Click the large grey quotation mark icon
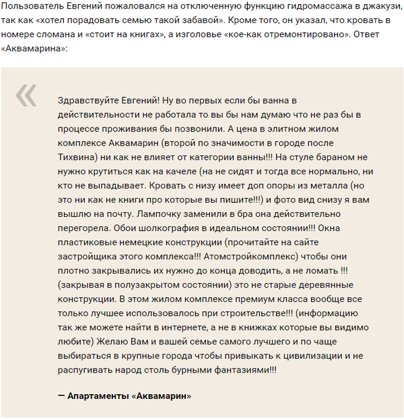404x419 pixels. (26, 96)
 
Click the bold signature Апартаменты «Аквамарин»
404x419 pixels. (129, 396)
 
